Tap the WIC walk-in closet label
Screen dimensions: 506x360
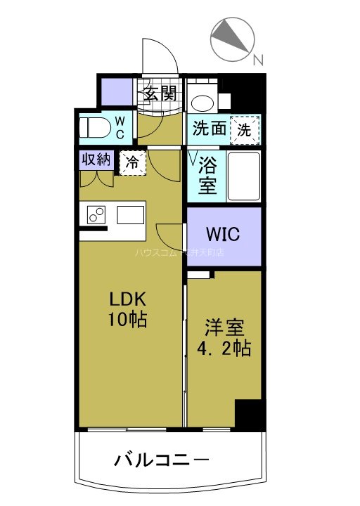pos(224,233)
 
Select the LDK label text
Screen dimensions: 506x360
pos(127,299)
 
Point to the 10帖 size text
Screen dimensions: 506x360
pos(127,320)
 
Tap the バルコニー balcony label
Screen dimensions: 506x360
pos(161,461)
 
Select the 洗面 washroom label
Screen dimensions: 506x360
pos(209,129)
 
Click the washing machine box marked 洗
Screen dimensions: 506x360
pos(245,129)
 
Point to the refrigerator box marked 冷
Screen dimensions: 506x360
pos(132,162)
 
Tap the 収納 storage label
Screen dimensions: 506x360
pos(96,159)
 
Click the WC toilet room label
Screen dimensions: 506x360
pos(120,128)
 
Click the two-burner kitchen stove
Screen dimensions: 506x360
pos(96,213)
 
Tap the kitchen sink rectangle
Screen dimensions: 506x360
pos(131,213)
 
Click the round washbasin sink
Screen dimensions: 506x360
pos(203,100)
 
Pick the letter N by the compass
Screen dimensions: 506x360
pos(258,60)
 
